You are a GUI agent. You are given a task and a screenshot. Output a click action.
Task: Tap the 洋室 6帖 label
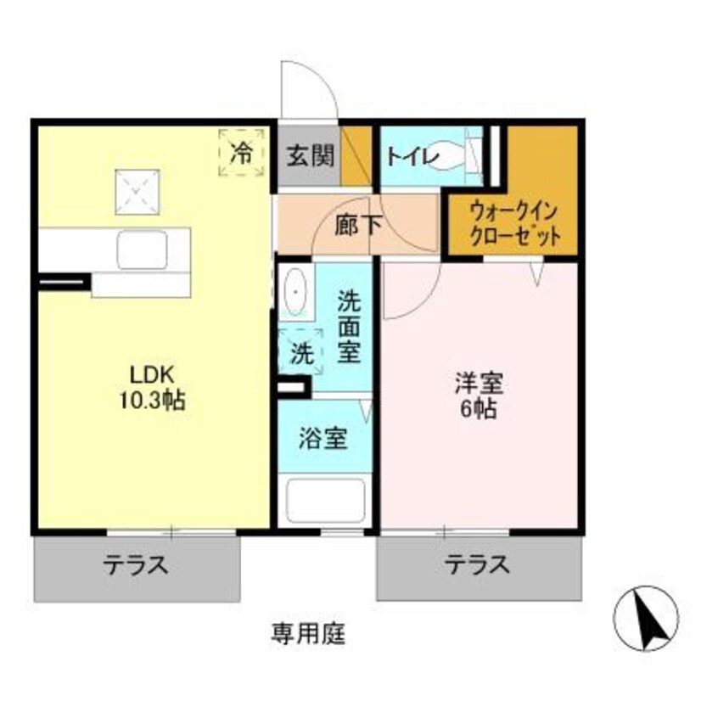coord(480,396)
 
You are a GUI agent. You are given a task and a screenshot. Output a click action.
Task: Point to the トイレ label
coord(412,156)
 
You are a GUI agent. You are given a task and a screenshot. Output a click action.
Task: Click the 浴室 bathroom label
coord(323,440)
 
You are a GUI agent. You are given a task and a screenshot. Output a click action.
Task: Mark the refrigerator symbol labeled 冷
coord(242,153)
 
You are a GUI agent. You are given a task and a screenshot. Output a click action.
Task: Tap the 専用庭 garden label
coord(308,633)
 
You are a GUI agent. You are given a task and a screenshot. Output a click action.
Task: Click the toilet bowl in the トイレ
coord(451,156)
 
